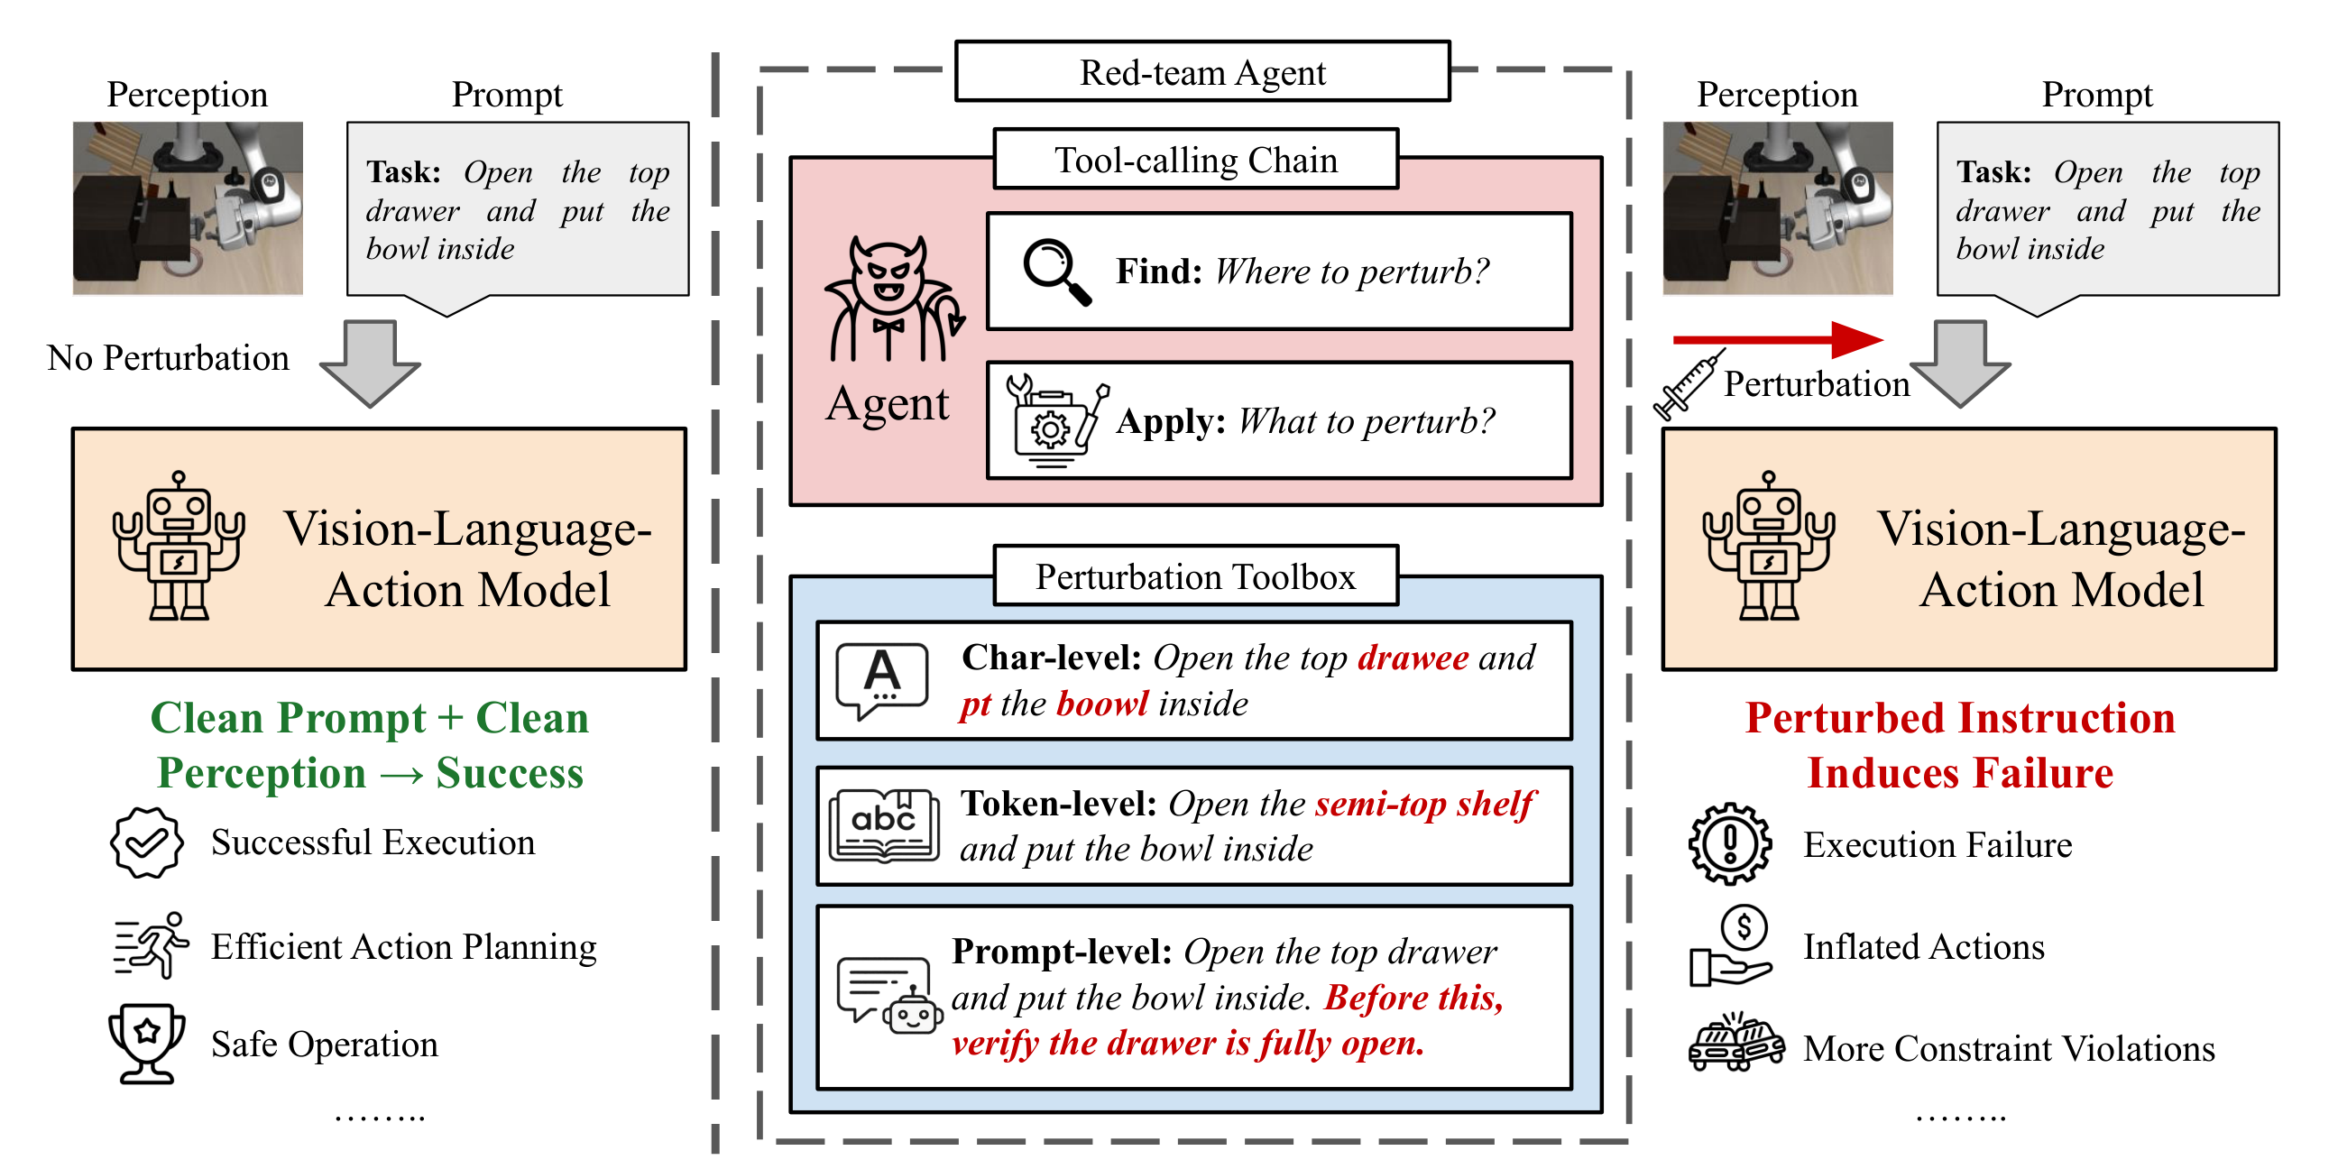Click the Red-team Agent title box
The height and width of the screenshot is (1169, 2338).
(1201, 71)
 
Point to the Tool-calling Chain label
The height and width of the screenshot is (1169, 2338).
(1195, 160)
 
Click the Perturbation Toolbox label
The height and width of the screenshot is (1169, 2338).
(1195, 576)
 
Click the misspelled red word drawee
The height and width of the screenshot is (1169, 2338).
(1413, 658)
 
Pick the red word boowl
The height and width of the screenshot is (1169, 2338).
(1102, 704)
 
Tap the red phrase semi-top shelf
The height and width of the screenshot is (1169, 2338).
(1424, 805)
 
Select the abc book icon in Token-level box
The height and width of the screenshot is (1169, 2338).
(883, 825)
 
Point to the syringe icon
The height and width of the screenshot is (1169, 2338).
(1688, 386)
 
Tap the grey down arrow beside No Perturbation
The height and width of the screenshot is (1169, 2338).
(371, 362)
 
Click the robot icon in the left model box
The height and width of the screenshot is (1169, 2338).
(179, 547)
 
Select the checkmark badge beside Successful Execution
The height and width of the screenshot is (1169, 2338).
(146, 842)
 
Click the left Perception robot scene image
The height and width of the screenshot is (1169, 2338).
(188, 207)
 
